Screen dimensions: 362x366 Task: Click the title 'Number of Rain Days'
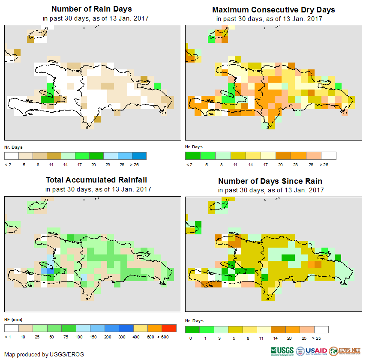tap(91, 9)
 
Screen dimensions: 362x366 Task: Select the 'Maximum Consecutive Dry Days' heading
tap(273, 9)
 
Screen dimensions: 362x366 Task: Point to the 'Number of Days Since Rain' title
tap(270, 181)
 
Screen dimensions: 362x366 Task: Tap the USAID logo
tap(312, 350)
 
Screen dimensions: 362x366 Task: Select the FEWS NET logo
tap(345, 350)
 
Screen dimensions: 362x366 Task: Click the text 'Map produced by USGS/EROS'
tap(44, 354)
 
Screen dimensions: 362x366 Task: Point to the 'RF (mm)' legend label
tap(13, 319)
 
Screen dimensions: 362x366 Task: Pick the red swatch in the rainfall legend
tap(169, 328)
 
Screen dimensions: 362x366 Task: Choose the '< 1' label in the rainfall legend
tap(8, 337)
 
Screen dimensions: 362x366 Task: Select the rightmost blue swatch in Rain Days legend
tap(139, 155)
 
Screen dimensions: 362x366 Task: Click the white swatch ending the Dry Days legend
tap(329, 155)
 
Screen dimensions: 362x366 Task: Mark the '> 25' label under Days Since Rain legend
tap(323, 338)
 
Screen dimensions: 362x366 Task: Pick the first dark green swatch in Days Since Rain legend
tap(192, 329)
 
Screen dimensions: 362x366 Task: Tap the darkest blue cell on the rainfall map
tap(50, 271)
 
